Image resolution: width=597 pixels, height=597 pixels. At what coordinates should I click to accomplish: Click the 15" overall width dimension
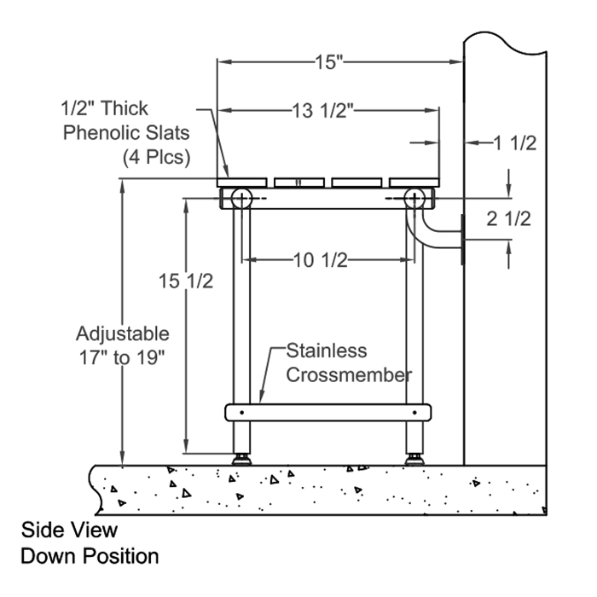click(x=327, y=61)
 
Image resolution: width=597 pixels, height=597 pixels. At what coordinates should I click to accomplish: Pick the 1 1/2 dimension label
click(x=515, y=143)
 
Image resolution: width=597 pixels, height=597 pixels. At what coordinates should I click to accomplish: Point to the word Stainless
click(x=326, y=351)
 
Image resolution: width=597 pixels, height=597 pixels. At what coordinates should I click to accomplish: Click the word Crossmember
click(x=349, y=374)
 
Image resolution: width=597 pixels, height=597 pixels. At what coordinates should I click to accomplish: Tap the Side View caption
click(x=70, y=530)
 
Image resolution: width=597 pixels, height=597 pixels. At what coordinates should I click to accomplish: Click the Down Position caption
click(x=90, y=556)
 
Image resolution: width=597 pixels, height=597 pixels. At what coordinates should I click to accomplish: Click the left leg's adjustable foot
click(x=241, y=458)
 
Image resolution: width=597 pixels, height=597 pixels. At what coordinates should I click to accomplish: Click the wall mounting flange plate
click(x=461, y=241)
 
